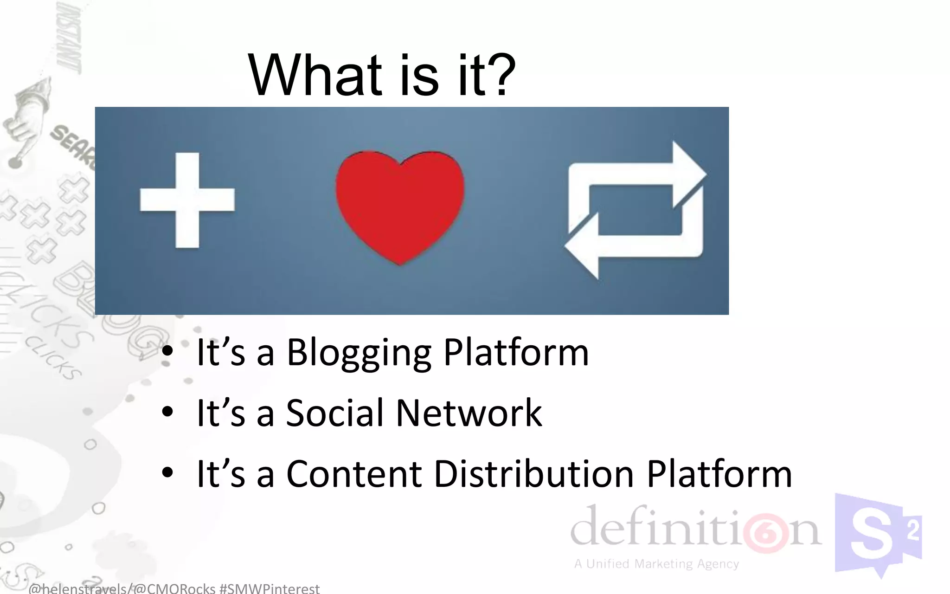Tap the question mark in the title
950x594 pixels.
pos(499,75)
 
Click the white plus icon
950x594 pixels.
pos(187,200)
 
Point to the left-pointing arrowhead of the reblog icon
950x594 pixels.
pos(583,246)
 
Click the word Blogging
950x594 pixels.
pos(359,353)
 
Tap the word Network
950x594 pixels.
pos(469,413)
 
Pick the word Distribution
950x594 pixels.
pos(533,474)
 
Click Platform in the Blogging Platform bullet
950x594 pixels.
pos(516,353)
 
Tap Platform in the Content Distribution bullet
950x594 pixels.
pos(719,474)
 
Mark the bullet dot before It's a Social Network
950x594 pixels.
pos(167,412)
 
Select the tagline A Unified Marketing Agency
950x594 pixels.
pos(656,564)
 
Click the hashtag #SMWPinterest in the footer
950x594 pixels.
pos(270,589)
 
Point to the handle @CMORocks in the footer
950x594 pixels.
pos(175,589)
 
